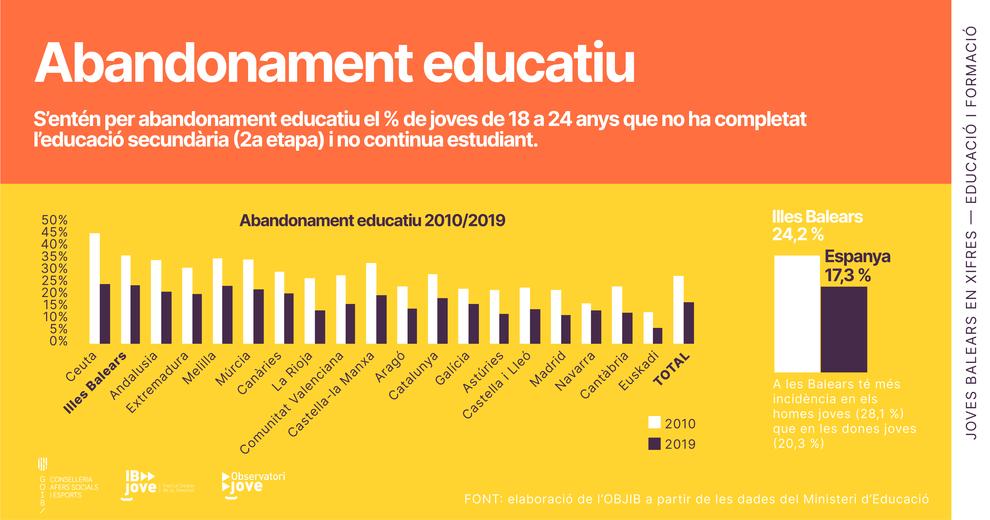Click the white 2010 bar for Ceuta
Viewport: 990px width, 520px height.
point(95,288)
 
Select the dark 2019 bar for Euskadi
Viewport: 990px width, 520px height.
point(658,335)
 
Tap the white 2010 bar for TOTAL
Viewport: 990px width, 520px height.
point(678,309)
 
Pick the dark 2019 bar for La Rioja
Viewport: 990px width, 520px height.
point(320,327)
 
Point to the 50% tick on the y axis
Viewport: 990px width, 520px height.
point(55,220)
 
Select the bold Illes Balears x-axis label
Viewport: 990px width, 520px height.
point(95,382)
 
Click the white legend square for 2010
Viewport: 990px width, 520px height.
point(654,422)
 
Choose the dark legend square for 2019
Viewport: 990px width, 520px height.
point(654,444)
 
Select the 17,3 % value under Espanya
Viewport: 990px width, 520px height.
point(847,275)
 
